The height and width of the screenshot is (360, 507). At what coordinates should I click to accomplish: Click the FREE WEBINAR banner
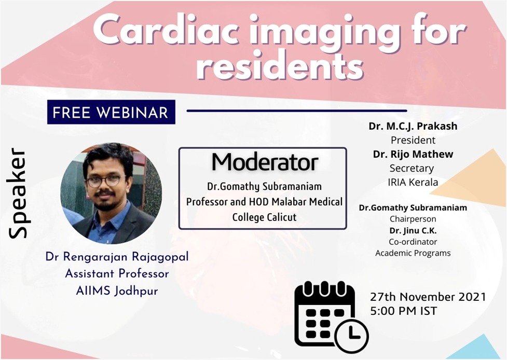coord(111,112)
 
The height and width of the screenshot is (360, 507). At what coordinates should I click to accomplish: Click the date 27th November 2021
coord(428,297)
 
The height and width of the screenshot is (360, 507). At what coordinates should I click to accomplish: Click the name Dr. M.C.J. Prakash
coord(413,127)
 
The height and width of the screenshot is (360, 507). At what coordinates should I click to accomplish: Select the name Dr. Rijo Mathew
coord(413,154)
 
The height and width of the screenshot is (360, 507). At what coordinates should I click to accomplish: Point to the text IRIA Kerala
coord(413,182)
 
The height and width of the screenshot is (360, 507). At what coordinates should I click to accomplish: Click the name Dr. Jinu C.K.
coord(413,230)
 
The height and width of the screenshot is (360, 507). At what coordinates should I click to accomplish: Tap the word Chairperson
coord(413,219)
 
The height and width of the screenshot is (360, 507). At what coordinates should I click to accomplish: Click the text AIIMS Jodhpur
coord(117,290)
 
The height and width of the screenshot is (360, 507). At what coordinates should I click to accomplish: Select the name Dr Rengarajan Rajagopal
coord(117,257)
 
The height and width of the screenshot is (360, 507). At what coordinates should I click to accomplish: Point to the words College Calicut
coord(264,217)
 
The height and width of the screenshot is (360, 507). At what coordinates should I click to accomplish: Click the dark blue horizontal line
coord(296,110)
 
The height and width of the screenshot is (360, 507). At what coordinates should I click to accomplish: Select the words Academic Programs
coord(413,253)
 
